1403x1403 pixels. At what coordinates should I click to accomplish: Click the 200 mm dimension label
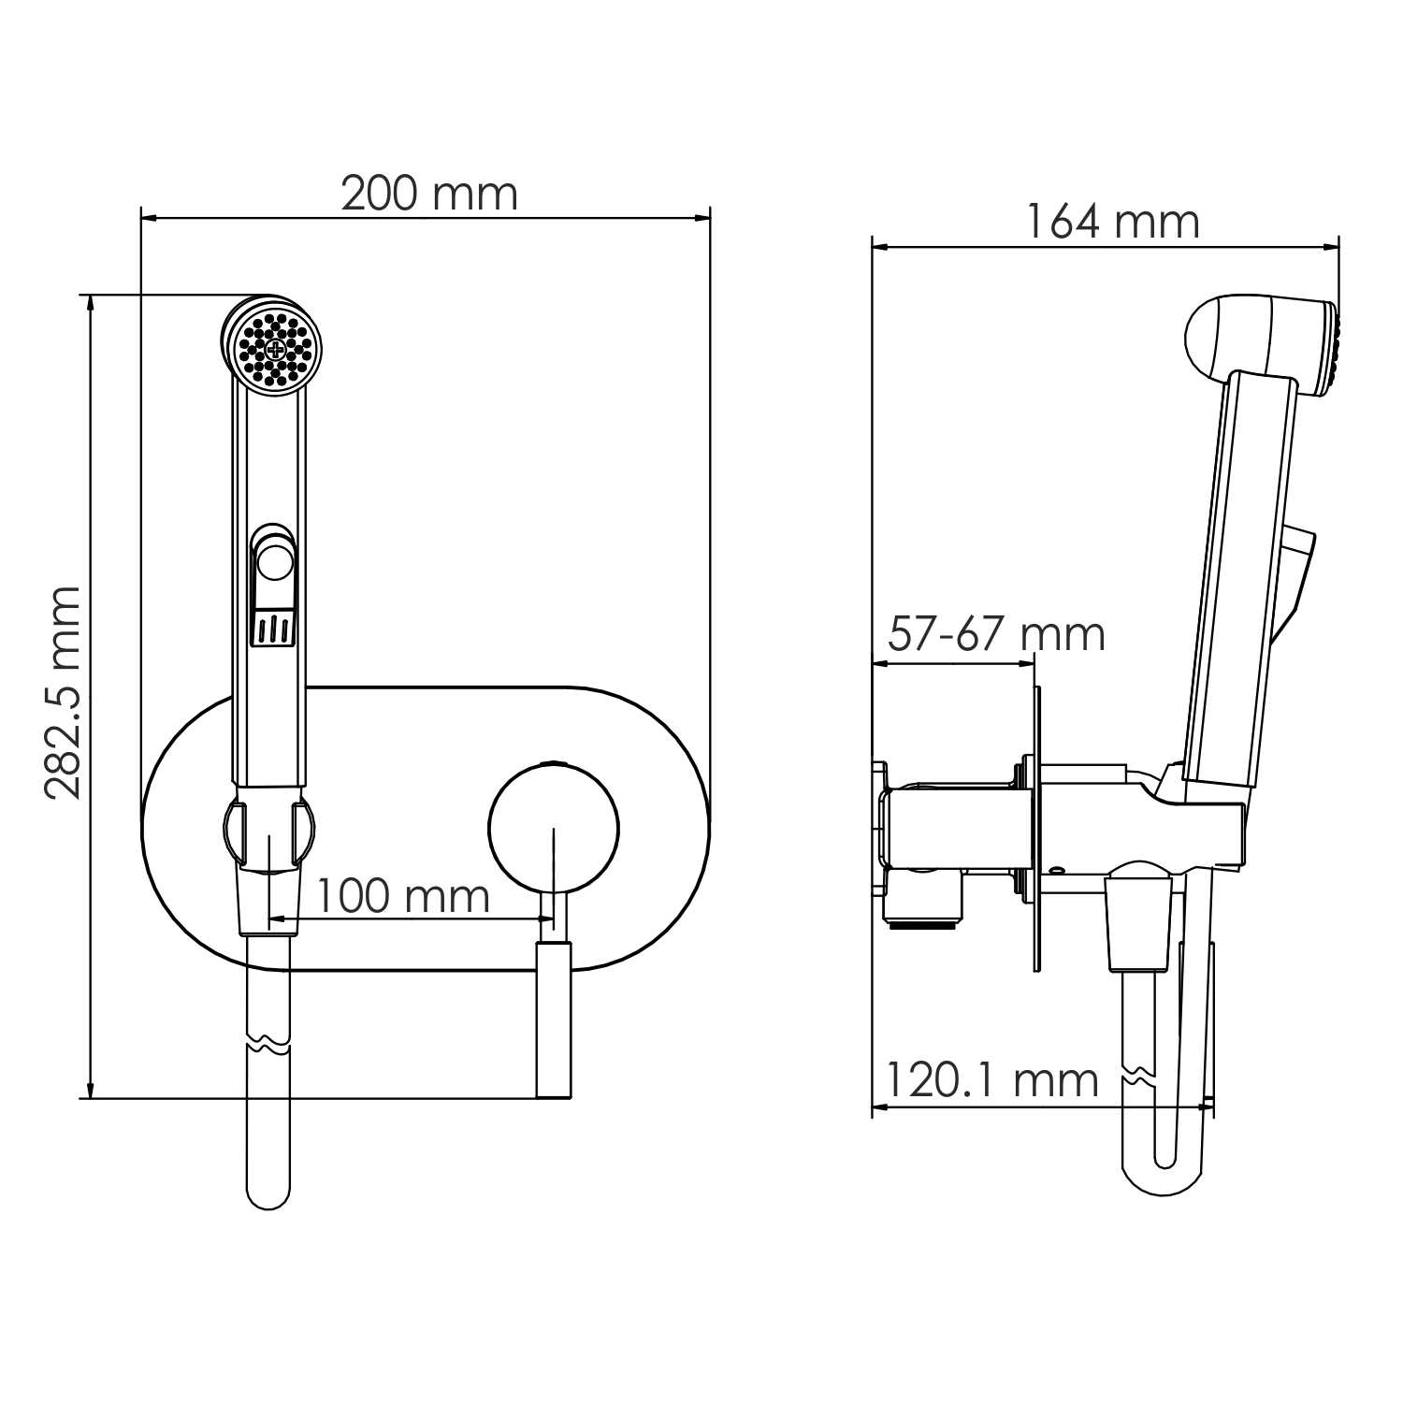(428, 195)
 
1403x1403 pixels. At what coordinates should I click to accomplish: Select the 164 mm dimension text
(1112, 223)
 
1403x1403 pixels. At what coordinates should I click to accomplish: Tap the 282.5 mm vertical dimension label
(64, 693)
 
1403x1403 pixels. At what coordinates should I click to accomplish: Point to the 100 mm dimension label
(402, 896)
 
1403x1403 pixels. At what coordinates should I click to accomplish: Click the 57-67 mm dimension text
(996, 634)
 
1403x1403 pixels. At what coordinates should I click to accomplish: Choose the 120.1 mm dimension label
(991, 1081)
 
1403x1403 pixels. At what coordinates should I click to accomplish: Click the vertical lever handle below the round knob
(553, 1020)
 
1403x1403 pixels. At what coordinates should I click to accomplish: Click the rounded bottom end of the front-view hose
(268, 1193)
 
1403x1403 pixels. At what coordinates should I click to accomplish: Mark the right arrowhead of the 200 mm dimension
(703, 219)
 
